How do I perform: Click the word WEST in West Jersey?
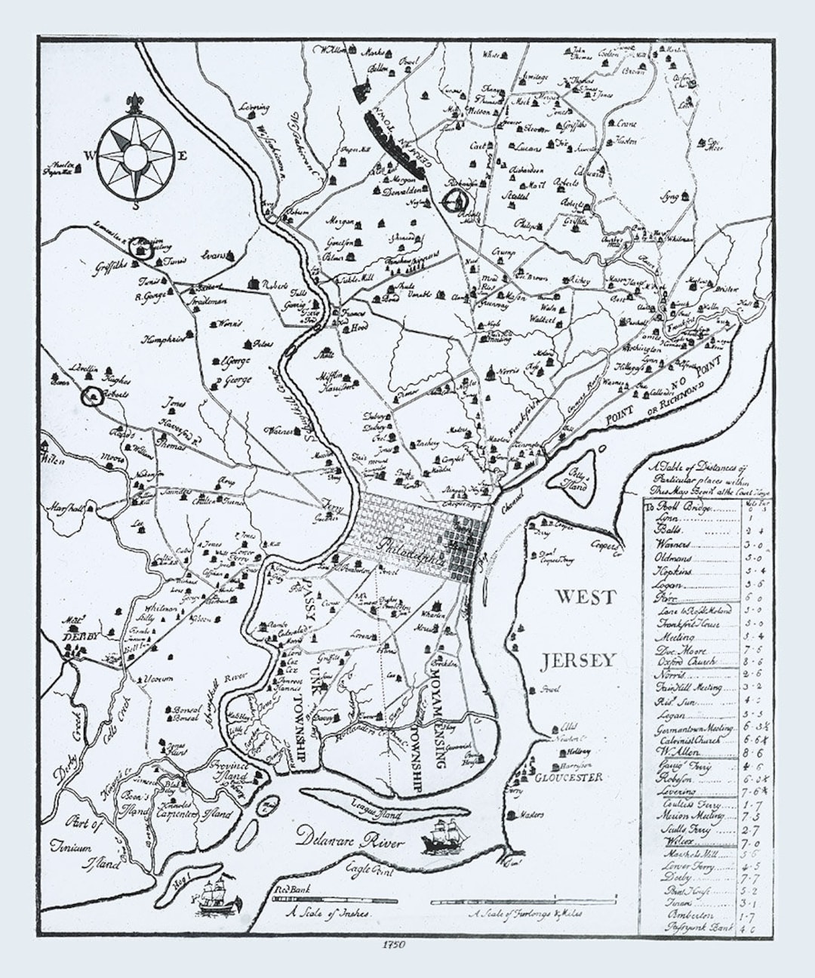click(x=586, y=597)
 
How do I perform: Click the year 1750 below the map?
click(x=394, y=944)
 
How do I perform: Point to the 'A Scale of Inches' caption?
click(x=328, y=912)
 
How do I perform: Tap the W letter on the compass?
click(x=89, y=156)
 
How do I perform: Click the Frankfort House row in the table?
click(x=687, y=624)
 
